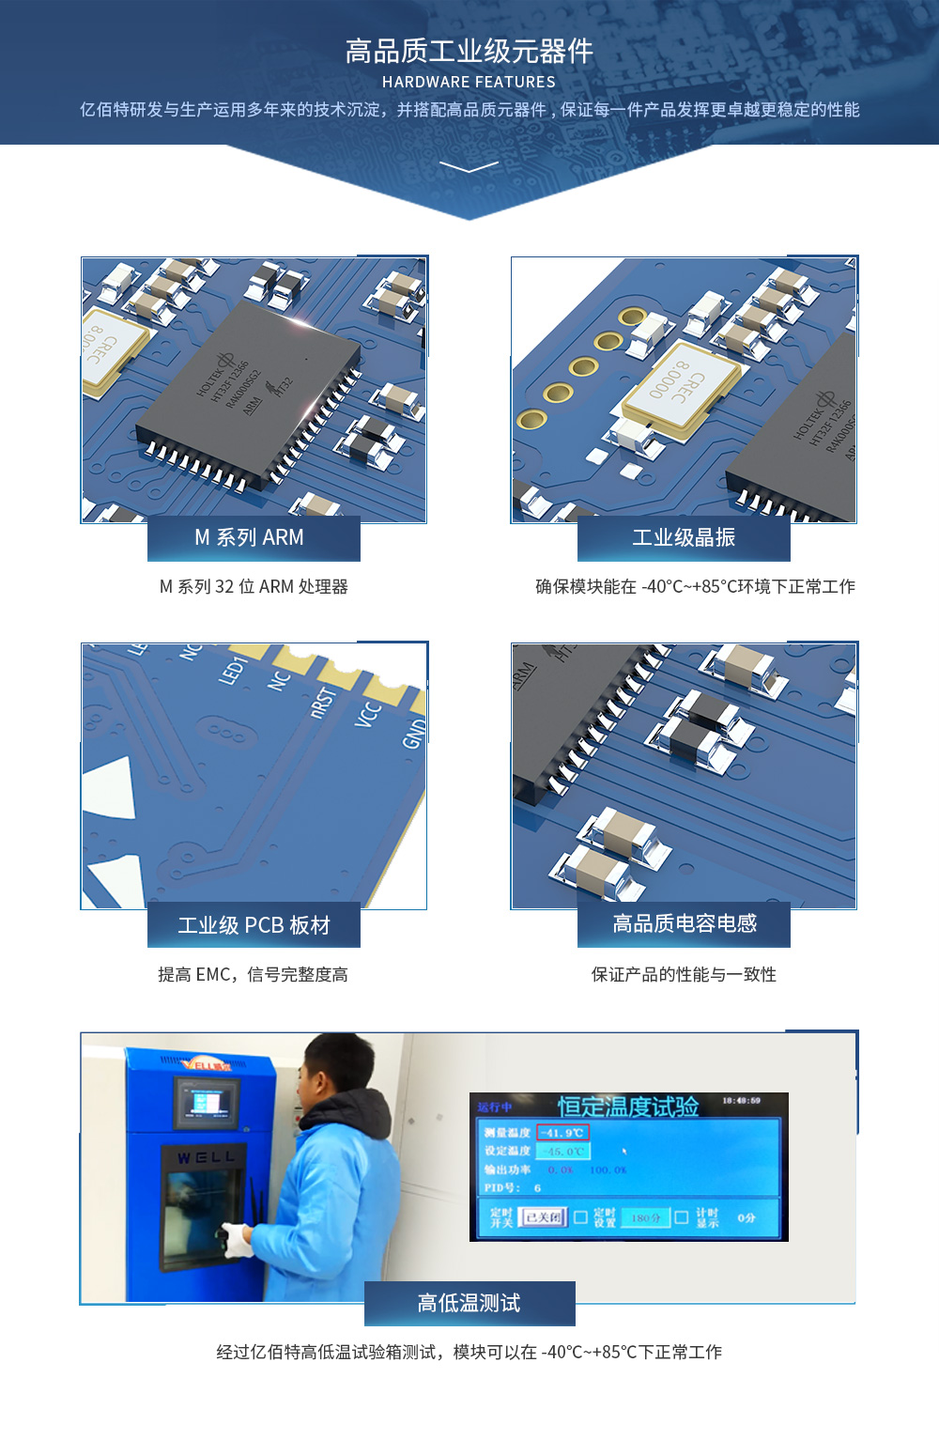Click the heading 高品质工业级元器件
(x=469, y=51)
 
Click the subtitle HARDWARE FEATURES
(x=469, y=83)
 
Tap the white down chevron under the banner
(x=469, y=167)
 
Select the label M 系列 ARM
(x=250, y=537)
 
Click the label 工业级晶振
(x=684, y=537)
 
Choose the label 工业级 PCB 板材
(x=254, y=925)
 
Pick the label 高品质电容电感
(x=685, y=923)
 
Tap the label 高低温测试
(x=469, y=1303)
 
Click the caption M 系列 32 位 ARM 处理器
(x=254, y=587)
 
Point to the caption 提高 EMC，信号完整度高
(x=253, y=975)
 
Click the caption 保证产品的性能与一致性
(x=684, y=975)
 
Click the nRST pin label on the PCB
(x=324, y=701)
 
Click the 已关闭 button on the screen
(x=543, y=1217)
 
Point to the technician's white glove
(x=236, y=1239)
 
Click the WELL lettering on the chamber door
(x=206, y=1157)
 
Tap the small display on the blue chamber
(x=207, y=1102)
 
